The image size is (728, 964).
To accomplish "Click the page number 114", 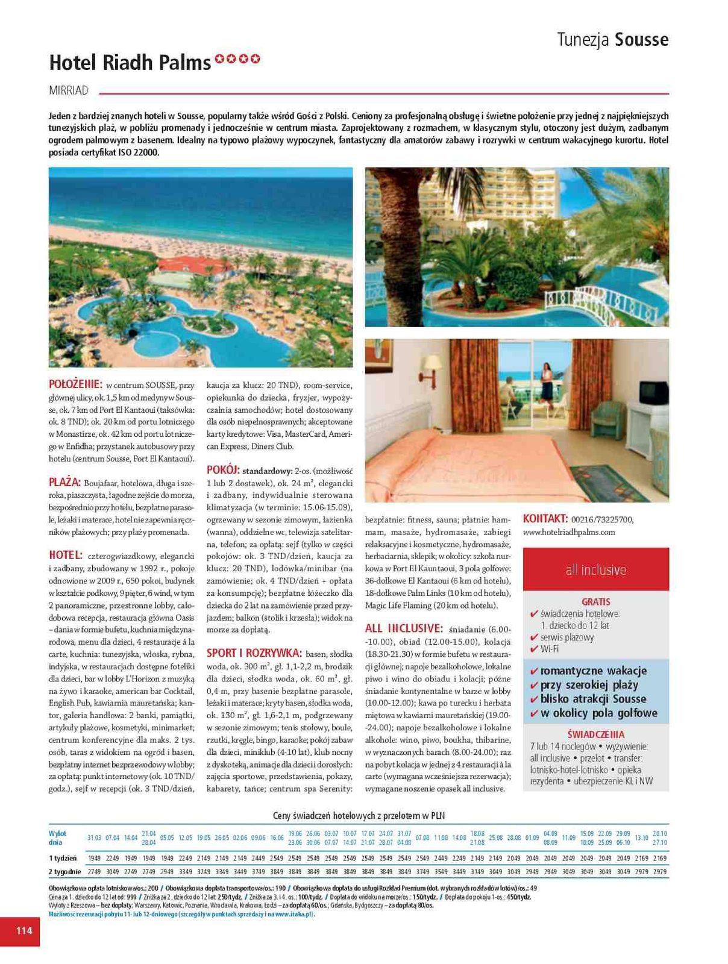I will point(24,930).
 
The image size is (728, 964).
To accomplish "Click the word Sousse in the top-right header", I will point(641,40).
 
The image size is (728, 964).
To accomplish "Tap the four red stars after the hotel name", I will point(238,59).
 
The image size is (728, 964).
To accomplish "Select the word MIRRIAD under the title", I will point(68,90).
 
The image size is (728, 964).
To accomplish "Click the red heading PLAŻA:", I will point(64,482).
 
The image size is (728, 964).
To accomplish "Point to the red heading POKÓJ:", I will point(223,469).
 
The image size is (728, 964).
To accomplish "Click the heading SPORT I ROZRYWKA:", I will point(254,653).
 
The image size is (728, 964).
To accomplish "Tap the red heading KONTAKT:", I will point(545,518).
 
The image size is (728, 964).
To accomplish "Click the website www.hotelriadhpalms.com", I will point(569,532).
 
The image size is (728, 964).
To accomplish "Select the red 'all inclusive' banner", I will point(595,569).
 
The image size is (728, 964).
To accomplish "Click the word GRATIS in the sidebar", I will point(595,601).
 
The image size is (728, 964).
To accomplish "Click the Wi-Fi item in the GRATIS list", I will point(549,649).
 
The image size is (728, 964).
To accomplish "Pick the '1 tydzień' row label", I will point(63,857).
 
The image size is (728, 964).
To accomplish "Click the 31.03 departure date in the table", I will point(94,837).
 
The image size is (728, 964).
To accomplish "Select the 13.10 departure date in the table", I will point(641,837).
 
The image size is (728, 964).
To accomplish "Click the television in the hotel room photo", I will point(653,393).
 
